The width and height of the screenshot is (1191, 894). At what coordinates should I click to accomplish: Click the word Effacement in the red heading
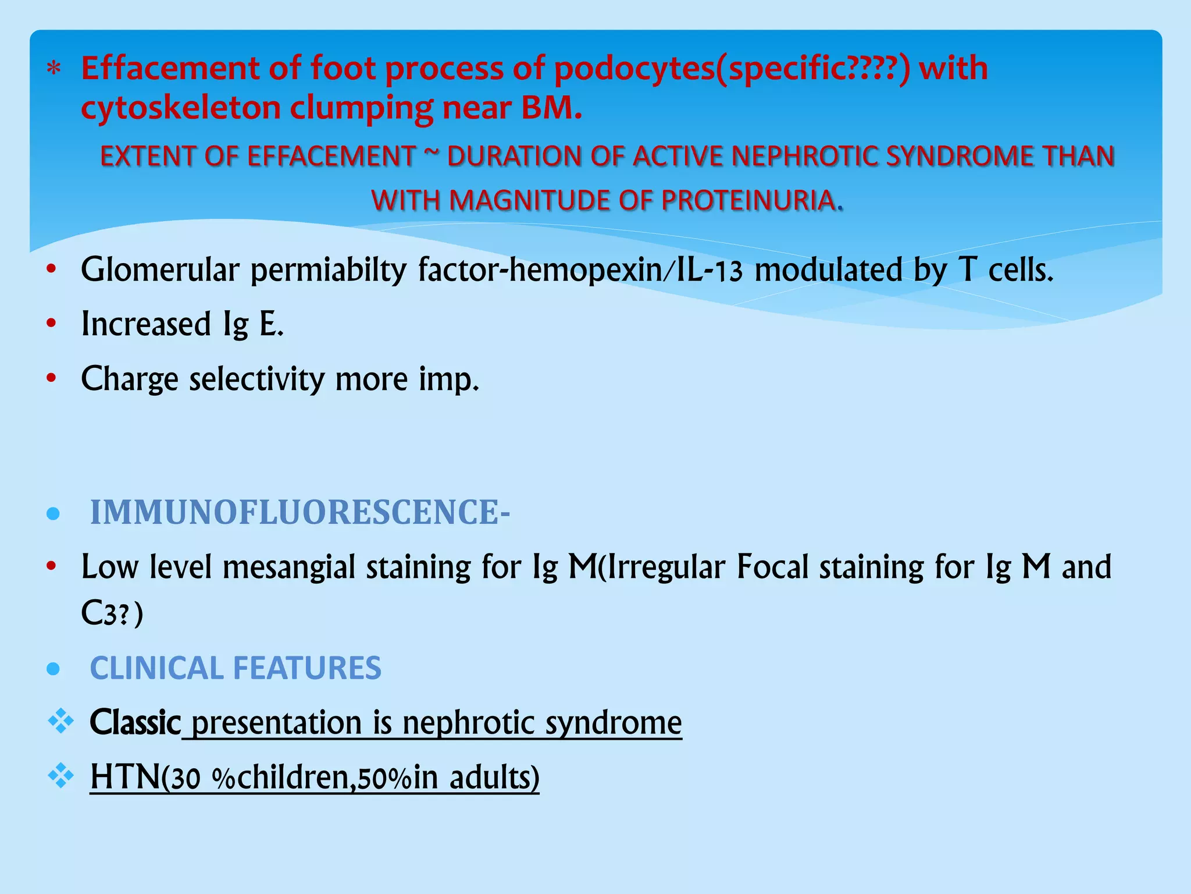click(169, 68)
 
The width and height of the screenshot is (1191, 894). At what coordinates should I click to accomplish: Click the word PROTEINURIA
click(750, 201)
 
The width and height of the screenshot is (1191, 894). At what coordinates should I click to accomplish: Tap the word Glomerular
click(160, 271)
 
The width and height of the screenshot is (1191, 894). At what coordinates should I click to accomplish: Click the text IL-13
click(709, 271)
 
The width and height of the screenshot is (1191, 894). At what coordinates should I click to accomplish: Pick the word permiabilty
click(329, 271)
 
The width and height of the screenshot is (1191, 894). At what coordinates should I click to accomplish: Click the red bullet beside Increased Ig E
click(52, 323)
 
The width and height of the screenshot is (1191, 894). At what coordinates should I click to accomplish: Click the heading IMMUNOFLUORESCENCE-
click(299, 513)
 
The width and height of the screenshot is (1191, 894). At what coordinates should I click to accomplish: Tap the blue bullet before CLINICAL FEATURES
click(53, 669)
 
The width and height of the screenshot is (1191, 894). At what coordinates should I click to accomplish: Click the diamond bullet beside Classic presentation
click(61, 722)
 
